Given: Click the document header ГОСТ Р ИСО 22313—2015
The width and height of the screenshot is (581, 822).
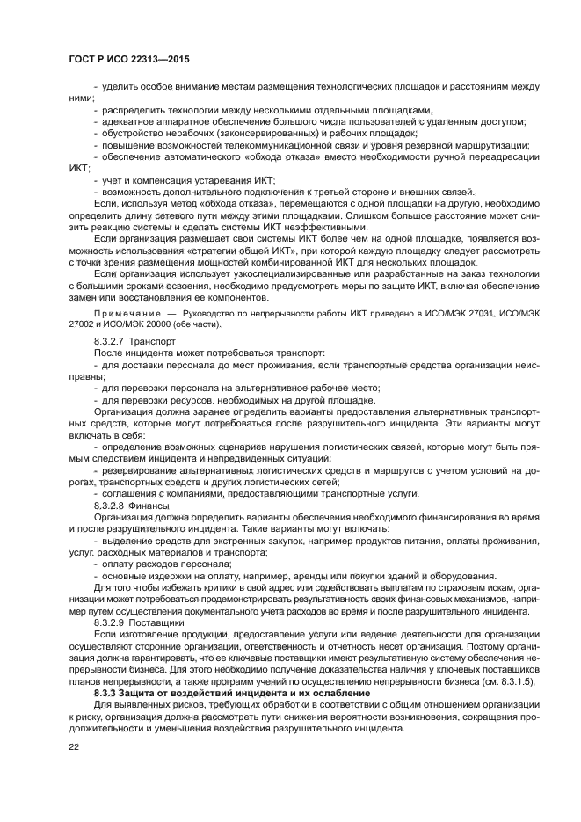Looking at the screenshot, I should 129,60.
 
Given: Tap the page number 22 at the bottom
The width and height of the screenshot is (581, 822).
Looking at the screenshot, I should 75,746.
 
